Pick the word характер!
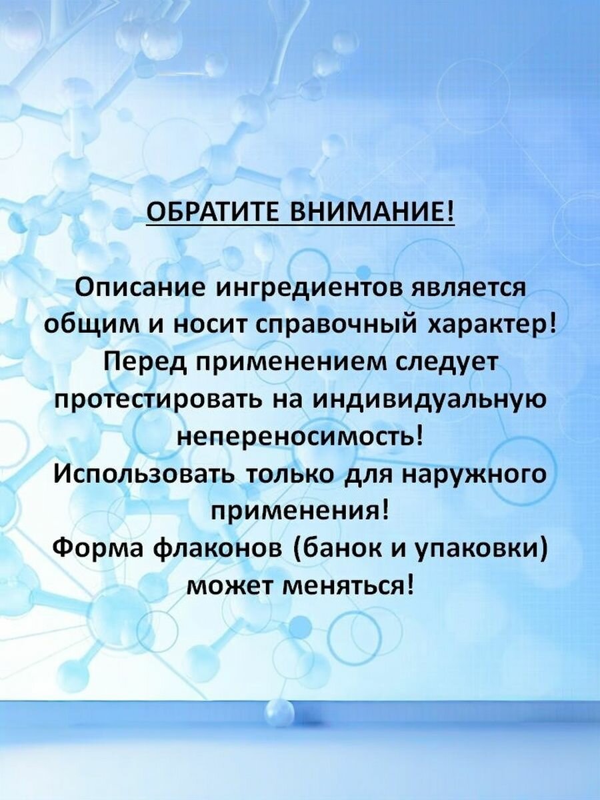click(495, 324)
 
